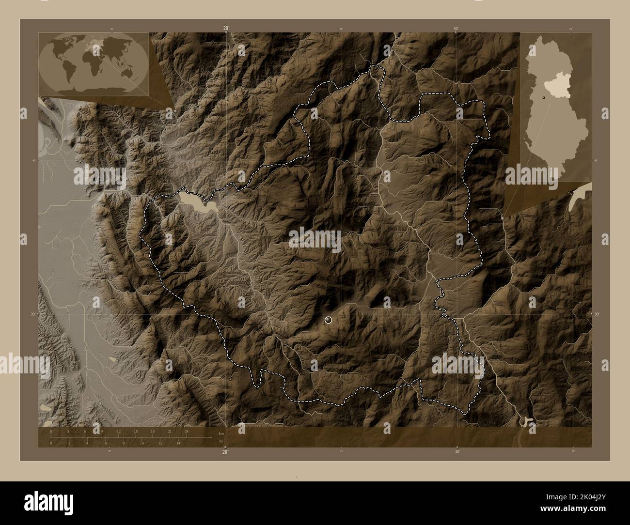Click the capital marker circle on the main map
tap(329, 320)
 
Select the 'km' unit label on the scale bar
tap(221, 433)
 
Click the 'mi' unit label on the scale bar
tap(220, 441)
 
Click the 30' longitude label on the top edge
tap(457, 29)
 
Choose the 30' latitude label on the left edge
tap(32, 314)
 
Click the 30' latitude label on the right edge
tap(597, 314)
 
